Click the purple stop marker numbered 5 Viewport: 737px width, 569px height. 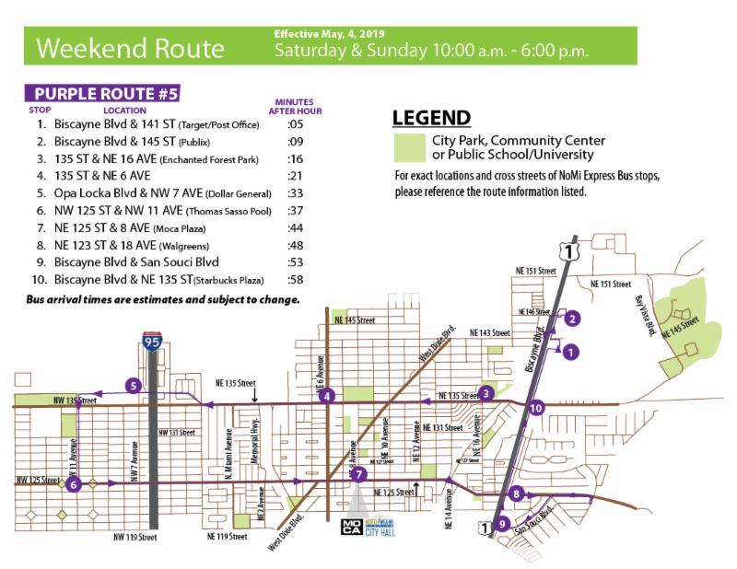click(134, 386)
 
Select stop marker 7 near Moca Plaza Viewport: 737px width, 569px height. click(360, 474)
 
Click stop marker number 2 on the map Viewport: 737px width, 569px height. click(572, 319)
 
